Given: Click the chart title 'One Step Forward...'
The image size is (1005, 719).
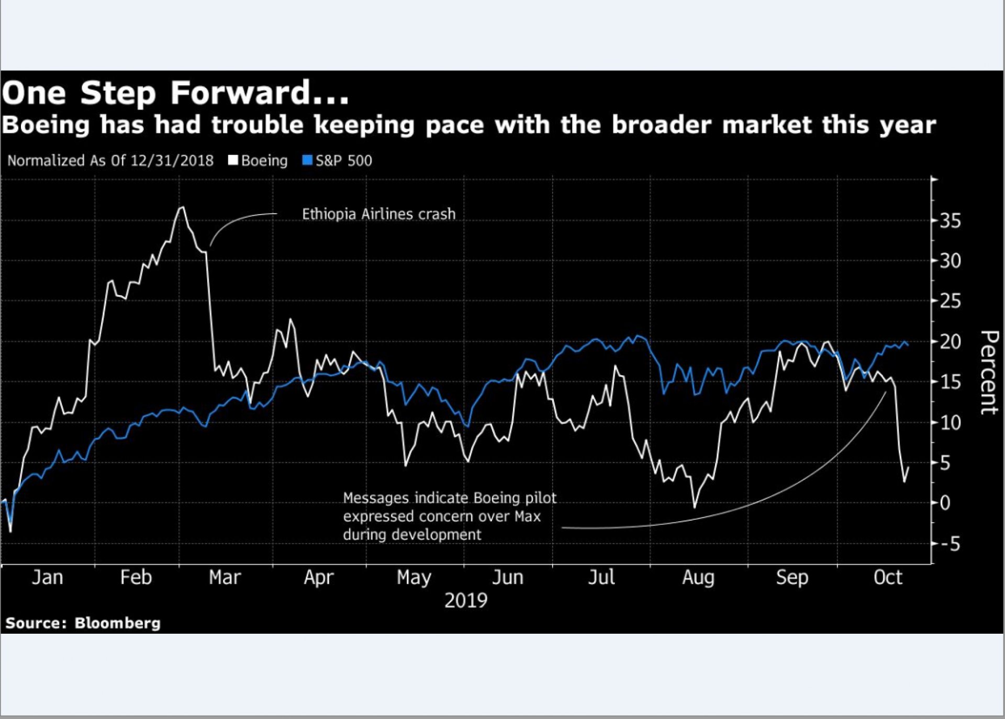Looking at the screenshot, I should point(175,93).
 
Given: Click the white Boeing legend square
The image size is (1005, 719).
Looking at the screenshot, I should point(233,160).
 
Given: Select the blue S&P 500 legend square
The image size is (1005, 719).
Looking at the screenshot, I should point(307,160).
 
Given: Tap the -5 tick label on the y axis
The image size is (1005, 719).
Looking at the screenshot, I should point(948,544).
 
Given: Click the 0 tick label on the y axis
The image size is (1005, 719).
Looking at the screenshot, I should point(945,503).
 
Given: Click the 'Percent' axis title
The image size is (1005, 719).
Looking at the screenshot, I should point(989,373).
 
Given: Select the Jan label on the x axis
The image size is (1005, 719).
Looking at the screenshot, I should point(48,578).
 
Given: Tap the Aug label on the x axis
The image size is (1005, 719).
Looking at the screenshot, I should point(698,578).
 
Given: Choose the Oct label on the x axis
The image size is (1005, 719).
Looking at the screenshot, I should point(888,578).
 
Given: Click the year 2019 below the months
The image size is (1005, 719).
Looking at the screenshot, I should point(466,600).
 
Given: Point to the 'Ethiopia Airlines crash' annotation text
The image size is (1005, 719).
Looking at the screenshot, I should point(379,214).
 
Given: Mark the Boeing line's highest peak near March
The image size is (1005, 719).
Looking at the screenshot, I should point(182,207).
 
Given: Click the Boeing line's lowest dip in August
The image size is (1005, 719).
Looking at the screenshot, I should point(695,507).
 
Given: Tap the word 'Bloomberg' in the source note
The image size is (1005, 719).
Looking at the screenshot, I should point(117,623).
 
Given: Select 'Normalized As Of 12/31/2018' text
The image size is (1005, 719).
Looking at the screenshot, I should point(110,160).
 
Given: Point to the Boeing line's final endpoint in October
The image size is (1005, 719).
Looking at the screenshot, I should point(908,467).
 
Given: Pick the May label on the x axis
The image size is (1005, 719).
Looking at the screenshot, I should point(414,578).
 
